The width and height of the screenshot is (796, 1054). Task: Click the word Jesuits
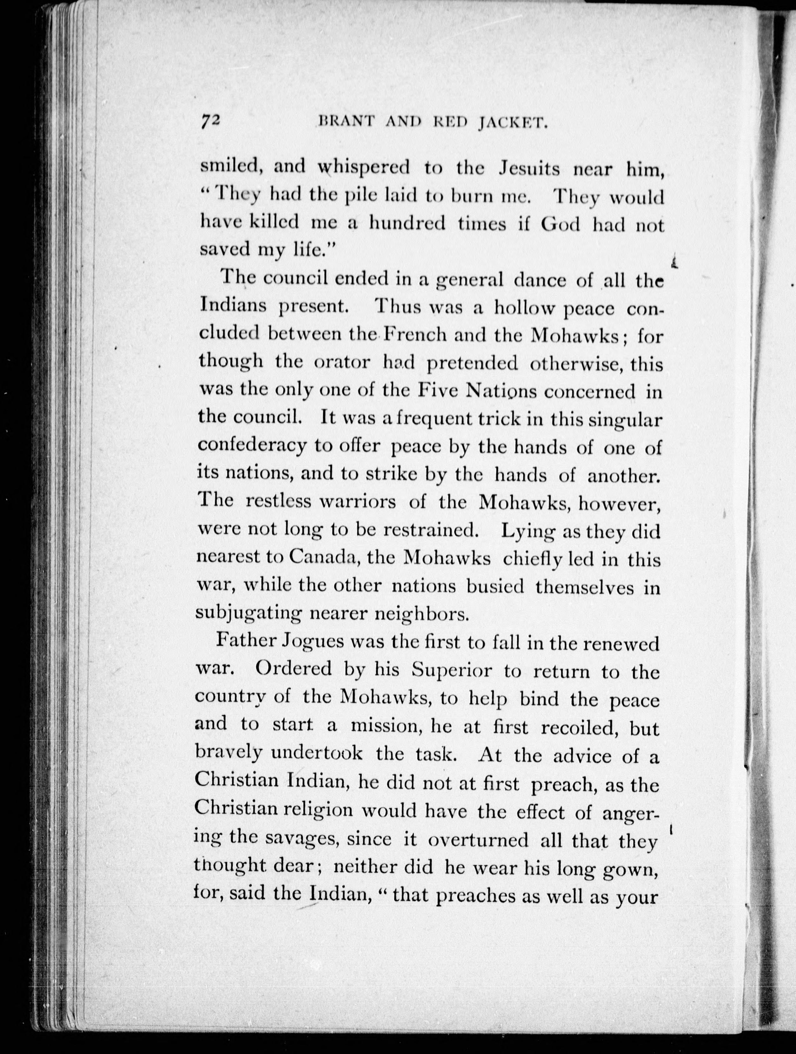click(x=529, y=170)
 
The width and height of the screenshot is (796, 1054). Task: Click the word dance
click(x=540, y=280)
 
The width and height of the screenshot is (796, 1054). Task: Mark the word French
click(x=415, y=335)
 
